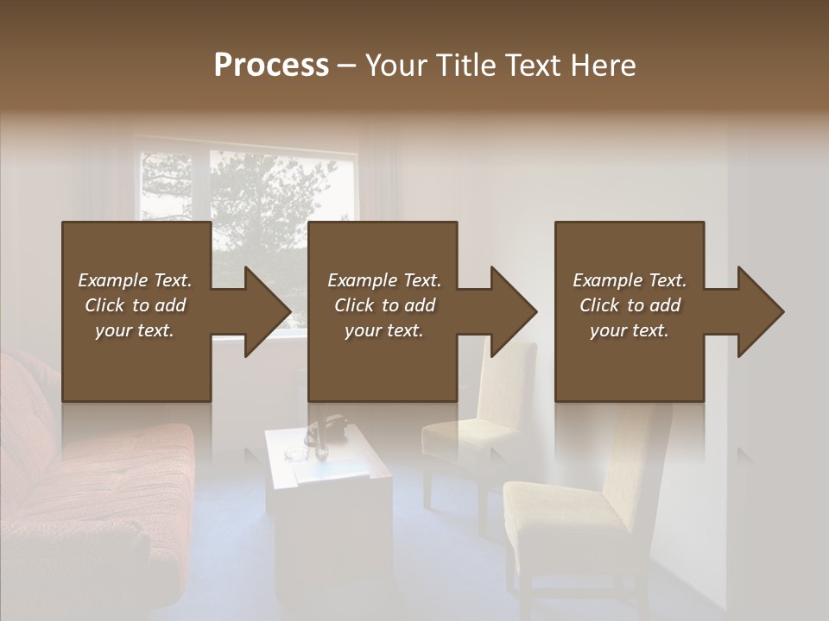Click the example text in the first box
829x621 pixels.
coord(136,305)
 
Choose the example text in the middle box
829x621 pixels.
coord(384,305)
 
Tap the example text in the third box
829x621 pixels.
coord(630,305)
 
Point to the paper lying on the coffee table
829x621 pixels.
coord(331,471)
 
